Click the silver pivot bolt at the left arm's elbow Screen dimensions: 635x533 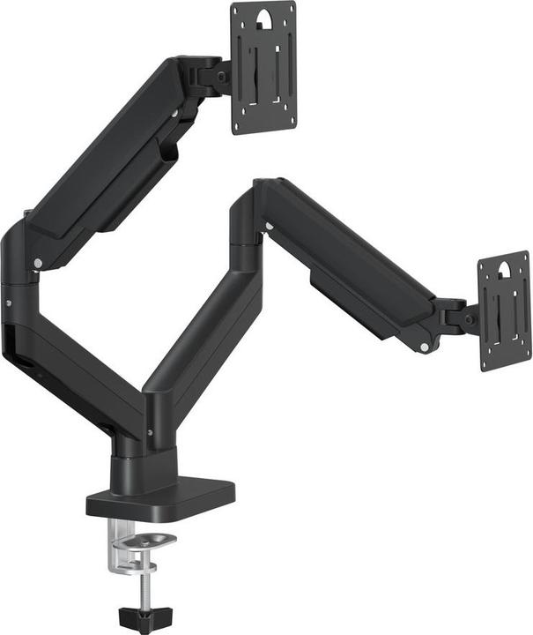[37, 263]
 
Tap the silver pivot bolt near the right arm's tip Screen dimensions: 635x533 [425, 347]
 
